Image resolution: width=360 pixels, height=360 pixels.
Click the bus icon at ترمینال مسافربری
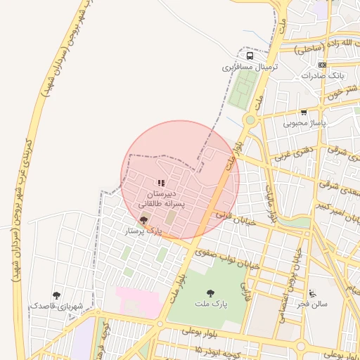pos(250,56)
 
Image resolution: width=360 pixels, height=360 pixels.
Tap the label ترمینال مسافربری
pos(251,67)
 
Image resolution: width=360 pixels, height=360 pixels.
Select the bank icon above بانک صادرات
pos(322,64)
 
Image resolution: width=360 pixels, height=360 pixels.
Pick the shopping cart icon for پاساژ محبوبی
pos(304,112)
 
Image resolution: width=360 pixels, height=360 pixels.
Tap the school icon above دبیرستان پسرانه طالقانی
pos(162,183)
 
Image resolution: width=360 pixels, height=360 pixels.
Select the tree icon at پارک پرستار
pos(145,220)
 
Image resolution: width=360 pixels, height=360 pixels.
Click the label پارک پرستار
pos(143,231)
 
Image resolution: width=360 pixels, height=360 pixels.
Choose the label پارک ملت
pos(211,304)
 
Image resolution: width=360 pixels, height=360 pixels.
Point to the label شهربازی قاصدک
pos(56,307)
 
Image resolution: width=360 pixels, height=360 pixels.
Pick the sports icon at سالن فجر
pos(313,293)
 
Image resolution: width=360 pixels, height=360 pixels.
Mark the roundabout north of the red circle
pos(250,120)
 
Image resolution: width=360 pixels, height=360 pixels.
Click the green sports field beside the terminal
pos(244,90)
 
